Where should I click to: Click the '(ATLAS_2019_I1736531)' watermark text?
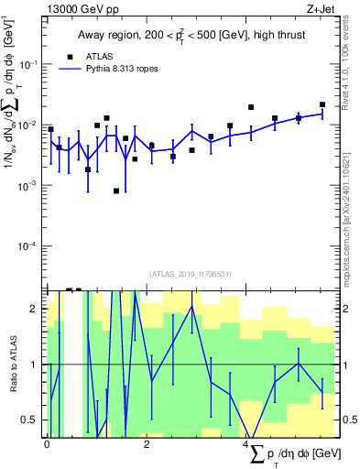click(190, 274)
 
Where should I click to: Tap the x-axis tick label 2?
click(147, 444)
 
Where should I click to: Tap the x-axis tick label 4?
click(245, 444)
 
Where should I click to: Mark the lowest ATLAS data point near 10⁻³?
click(116, 191)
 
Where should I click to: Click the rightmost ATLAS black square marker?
click(322, 104)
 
